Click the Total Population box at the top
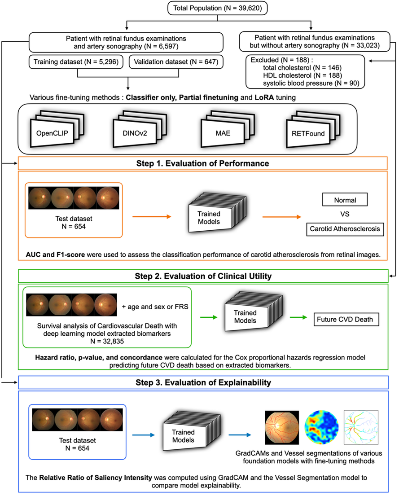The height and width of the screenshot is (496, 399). pyautogui.click(x=200, y=9)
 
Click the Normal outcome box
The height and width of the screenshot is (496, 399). pyautogui.click(x=345, y=198)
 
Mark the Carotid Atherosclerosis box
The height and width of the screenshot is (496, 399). pyautogui.click(x=345, y=228)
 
